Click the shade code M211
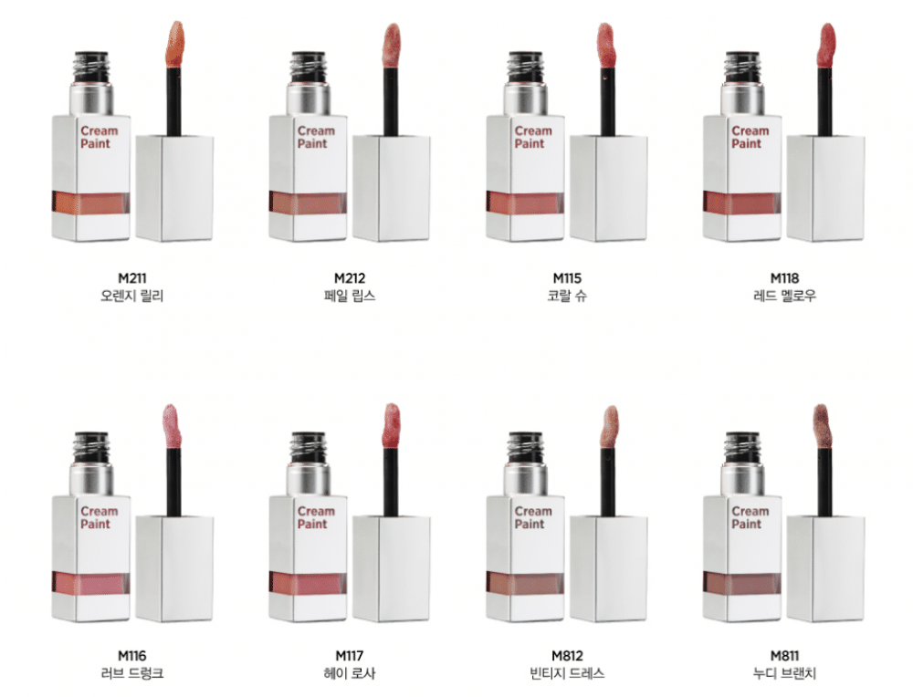click(x=131, y=278)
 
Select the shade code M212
click(x=350, y=278)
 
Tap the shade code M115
click(x=567, y=278)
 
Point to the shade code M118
click(x=784, y=278)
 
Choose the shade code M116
click(x=131, y=656)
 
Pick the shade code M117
click(x=350, y=656)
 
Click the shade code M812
click(x=567, y=656)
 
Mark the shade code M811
click(x=784, y=656)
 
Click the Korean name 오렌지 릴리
click(x=131, y=296)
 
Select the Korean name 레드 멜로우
click(x=784, y=296)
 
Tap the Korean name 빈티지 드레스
click(x=567, y=673)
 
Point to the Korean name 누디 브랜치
click(x=784, y=673)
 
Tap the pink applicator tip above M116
click(x=172, y=425)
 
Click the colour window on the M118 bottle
click(x=741, y=203)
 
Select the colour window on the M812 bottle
click(x=525, y=583)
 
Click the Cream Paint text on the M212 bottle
click(x=316, y=138)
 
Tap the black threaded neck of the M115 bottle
click(x=525, y=68)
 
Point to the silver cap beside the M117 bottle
click(x=392, y=569)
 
